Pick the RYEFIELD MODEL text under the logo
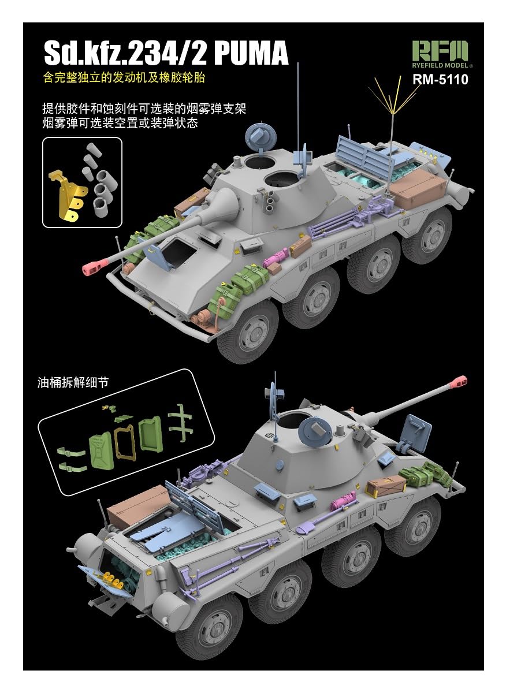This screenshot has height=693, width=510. (x=440, y=65)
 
